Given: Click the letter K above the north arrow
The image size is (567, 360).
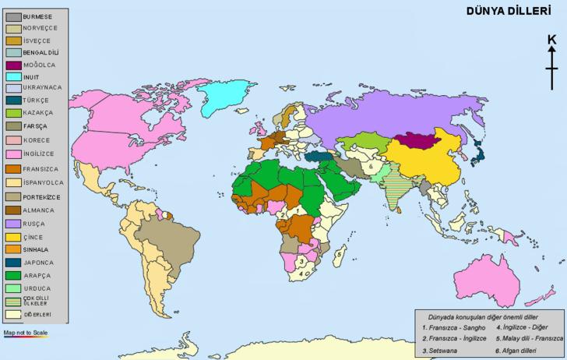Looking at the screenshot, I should point(551,41).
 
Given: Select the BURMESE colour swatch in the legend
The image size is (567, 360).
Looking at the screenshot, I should point(13,16).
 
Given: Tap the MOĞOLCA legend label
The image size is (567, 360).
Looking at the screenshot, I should point(40,65).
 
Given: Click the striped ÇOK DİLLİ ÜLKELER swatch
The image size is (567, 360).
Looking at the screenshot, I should point(13,301).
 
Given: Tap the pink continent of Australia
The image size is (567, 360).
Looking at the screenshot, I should point(488,281).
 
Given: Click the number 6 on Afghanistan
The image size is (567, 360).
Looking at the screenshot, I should point(372,166).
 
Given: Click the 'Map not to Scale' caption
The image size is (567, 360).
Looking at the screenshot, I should point(26,333).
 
